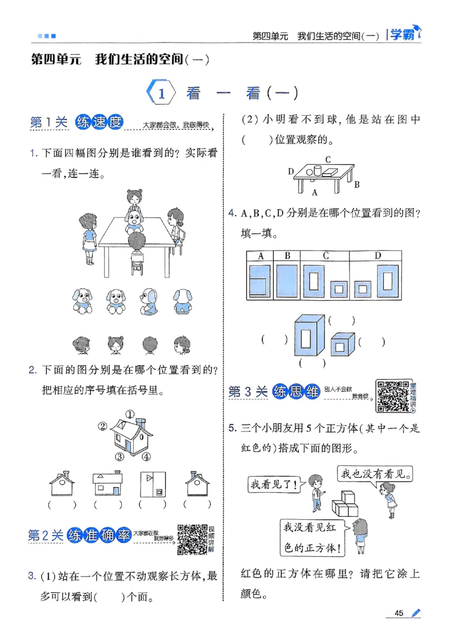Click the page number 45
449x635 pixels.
click(400, 613)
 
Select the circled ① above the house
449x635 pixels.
click(130, 415)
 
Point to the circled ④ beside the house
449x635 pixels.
click(146, 456)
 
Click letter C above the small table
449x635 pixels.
click(327, 158)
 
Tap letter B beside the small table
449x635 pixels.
click(356, 184)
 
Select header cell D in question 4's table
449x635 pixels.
click(378, 256)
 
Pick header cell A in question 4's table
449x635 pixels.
click(260, 256)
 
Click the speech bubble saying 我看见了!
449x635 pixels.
click(272, 483)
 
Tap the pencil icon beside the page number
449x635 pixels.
click(415, 613)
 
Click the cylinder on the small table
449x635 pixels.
click(317, 170)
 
